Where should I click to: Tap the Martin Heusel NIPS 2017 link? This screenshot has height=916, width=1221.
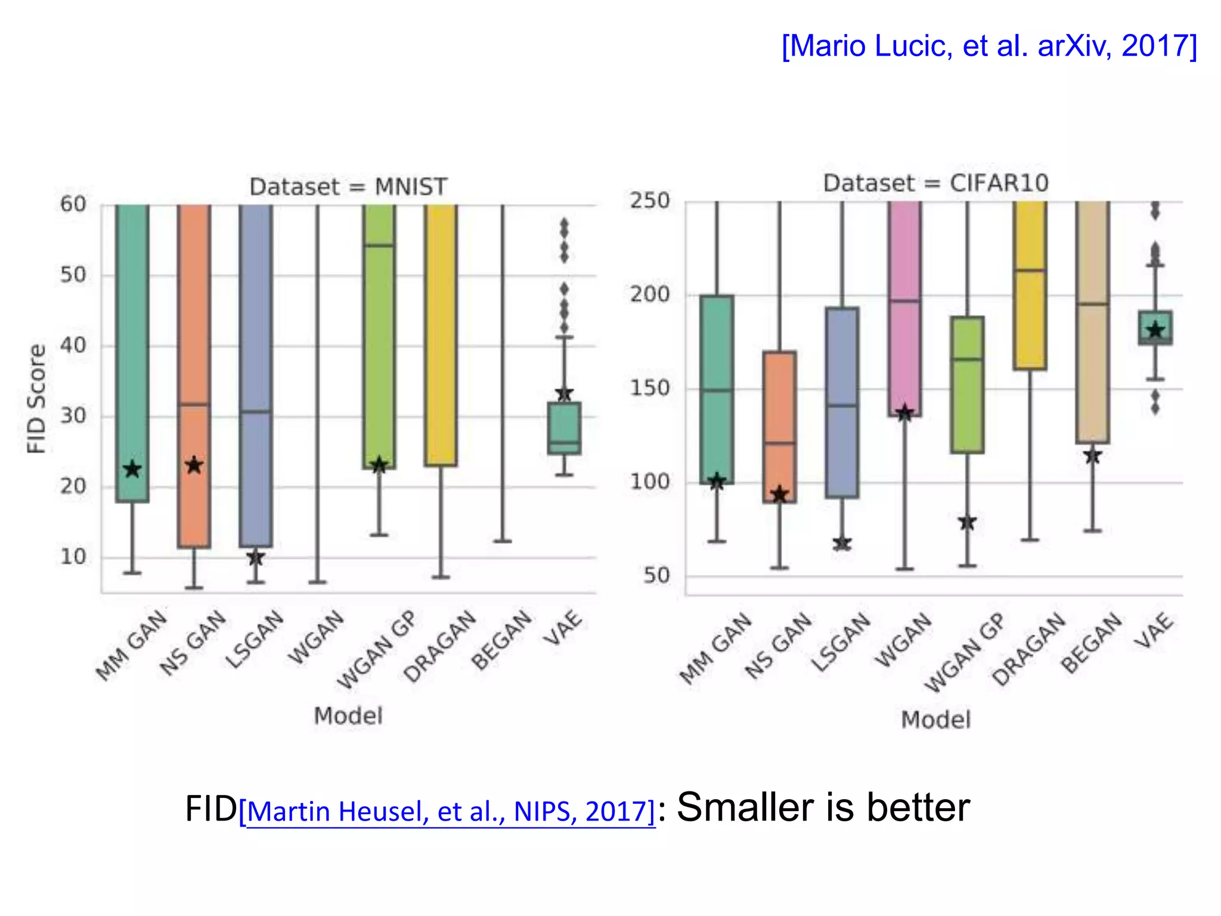[447, 811]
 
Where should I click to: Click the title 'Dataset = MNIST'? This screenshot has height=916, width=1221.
[348, 187]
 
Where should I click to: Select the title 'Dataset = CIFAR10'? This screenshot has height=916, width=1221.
[935, 183]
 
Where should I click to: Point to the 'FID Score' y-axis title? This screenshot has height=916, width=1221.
[37, 398]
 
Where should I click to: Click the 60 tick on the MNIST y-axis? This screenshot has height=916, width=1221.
[73, 205]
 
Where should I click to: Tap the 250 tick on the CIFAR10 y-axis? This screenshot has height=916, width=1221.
[650, 201]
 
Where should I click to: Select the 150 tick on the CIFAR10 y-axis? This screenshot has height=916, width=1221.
[650, 388]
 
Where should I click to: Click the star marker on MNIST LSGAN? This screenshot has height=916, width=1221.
[256, 558]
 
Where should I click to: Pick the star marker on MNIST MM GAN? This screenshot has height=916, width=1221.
[132, 470]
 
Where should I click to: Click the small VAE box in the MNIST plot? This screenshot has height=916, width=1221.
[564, 428]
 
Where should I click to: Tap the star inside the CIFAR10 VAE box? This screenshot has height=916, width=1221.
[1155, 330]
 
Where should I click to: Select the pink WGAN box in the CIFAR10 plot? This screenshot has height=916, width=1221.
[904, 310]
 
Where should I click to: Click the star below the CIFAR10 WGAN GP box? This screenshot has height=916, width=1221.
[967, 522]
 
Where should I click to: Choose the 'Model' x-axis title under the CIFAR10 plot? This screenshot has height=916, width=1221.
[935, 720]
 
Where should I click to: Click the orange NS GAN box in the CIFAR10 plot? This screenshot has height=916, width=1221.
[779, 426]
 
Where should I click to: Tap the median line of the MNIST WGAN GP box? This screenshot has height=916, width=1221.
[379, 245]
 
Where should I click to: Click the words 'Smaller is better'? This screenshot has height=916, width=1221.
[823, 807]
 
